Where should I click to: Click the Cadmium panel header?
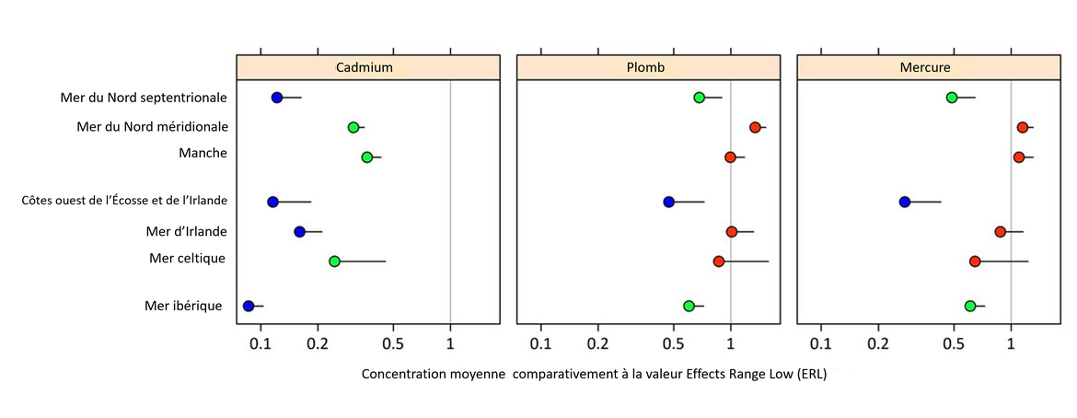[x=365, y=68]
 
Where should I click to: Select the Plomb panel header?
[x=646, y=68]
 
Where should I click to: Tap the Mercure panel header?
[x=925, y=68]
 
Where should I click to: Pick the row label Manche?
[x=203, y=153]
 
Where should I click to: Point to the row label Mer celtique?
[x=187, y=258]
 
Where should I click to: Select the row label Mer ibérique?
[x=184, y=306]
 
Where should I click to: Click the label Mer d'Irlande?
[x=186, y=230]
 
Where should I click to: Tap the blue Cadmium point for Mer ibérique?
[x=249, y=306]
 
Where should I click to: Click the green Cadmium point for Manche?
[x=367, y=157]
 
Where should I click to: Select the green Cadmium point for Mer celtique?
[x=335, y=261]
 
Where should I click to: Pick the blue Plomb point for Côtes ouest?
[x=669, y=202]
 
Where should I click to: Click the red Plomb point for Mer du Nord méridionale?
[x=755, y=127]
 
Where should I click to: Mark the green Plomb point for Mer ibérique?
[x=689, y=306]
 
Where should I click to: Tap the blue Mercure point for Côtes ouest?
[x=905, y=202]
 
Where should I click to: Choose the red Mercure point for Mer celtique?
[x=975, y=261]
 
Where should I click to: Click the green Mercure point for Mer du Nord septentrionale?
[x=952, y=98]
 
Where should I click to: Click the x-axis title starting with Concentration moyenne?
[x=600, y=375]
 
